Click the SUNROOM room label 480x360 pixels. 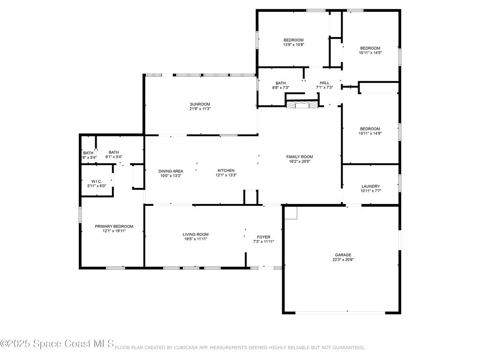click(200, 104)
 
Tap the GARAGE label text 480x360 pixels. click(343, 255)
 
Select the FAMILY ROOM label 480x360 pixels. click(300, 157)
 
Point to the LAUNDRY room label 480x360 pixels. click(370, 186)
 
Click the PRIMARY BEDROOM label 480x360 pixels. click(114, 226)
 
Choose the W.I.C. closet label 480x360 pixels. click(97, 181)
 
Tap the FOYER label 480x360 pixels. click(263, 237)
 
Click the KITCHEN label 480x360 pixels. click(226, 171)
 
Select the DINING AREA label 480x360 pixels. click(171, 171)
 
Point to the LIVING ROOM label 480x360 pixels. click(195, 234)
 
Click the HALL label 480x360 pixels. click(324, 82)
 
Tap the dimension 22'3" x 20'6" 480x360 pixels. click(343, 260)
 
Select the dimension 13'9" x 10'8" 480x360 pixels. click(293, 45)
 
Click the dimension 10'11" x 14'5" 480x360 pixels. click(370, 52)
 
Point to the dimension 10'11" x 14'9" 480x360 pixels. click(370, 134)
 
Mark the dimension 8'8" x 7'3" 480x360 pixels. click(281, 88)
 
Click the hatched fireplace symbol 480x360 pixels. click(302, 105)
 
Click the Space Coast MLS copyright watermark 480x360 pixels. click(57, 344)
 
